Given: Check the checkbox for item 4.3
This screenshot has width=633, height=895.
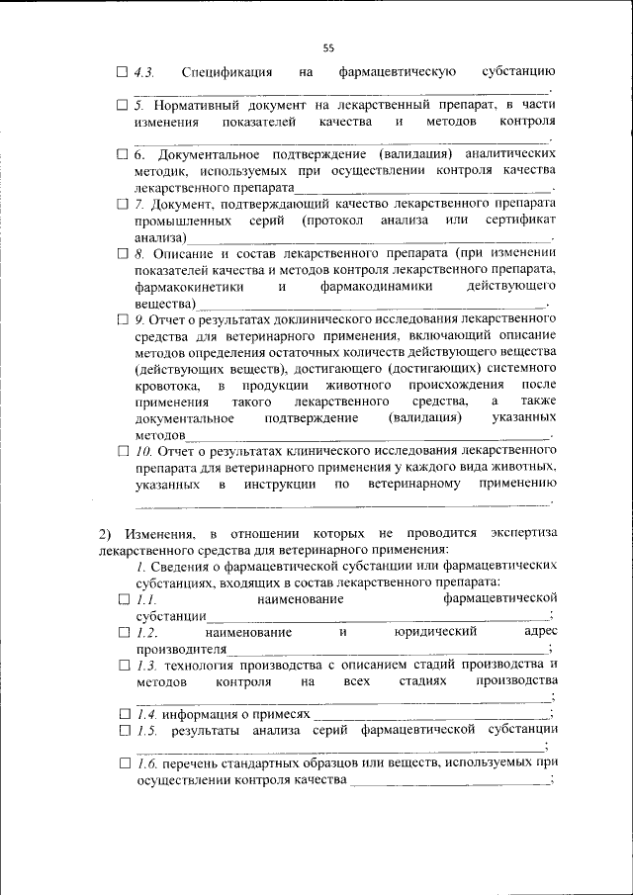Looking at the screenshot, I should (122, 71).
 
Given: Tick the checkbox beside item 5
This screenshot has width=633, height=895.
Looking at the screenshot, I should (122, 104).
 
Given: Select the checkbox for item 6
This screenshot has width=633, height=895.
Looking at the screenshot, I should (122, 154).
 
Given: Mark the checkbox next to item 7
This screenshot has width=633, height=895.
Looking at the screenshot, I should (122, 204).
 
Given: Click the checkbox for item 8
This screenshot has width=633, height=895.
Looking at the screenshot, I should (122, 253).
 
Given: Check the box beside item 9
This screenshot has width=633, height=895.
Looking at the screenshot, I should (122, 319).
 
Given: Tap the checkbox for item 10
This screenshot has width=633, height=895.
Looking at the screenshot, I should (122, 450).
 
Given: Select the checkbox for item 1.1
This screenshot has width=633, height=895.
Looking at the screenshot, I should (122, 599).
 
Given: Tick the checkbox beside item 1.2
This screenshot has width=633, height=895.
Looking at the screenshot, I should (122, 631).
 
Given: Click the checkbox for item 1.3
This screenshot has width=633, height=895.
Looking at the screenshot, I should (122, 665).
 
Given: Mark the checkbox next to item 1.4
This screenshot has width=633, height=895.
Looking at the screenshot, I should (122, 713).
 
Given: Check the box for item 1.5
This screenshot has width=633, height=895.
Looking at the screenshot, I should (122, 731).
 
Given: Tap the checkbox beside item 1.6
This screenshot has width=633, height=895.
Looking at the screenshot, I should (122, 762).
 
